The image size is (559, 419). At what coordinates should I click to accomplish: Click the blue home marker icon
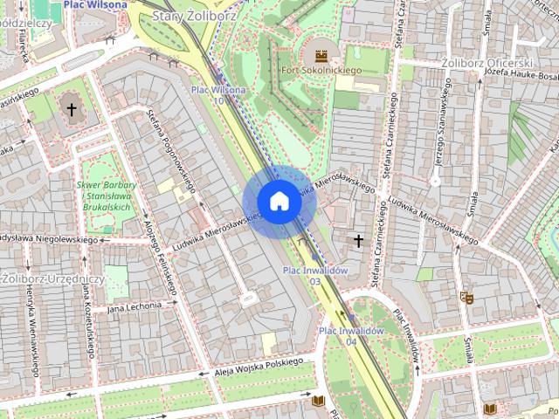pyautogui.click(x=279, y=202)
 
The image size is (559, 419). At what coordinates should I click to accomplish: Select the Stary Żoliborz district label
pyautogui.click(x=188, y=16)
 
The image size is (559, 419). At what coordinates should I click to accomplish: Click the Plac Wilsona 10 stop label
pyautogui.click(x=217, y=95)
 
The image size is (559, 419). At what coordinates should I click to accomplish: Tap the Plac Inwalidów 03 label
pyautogui.click(x=316, y=276)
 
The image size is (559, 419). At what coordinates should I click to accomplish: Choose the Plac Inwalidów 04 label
pyautogui.click(x=351, y=336)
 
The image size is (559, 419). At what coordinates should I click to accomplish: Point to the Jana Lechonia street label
pyautogui.click(x=135, y=306)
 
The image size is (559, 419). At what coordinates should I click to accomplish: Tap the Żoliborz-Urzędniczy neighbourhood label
pyautogui.click(x=52, y=278)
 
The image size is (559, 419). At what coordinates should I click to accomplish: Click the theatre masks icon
pyautogui.click(x=469, y=298)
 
